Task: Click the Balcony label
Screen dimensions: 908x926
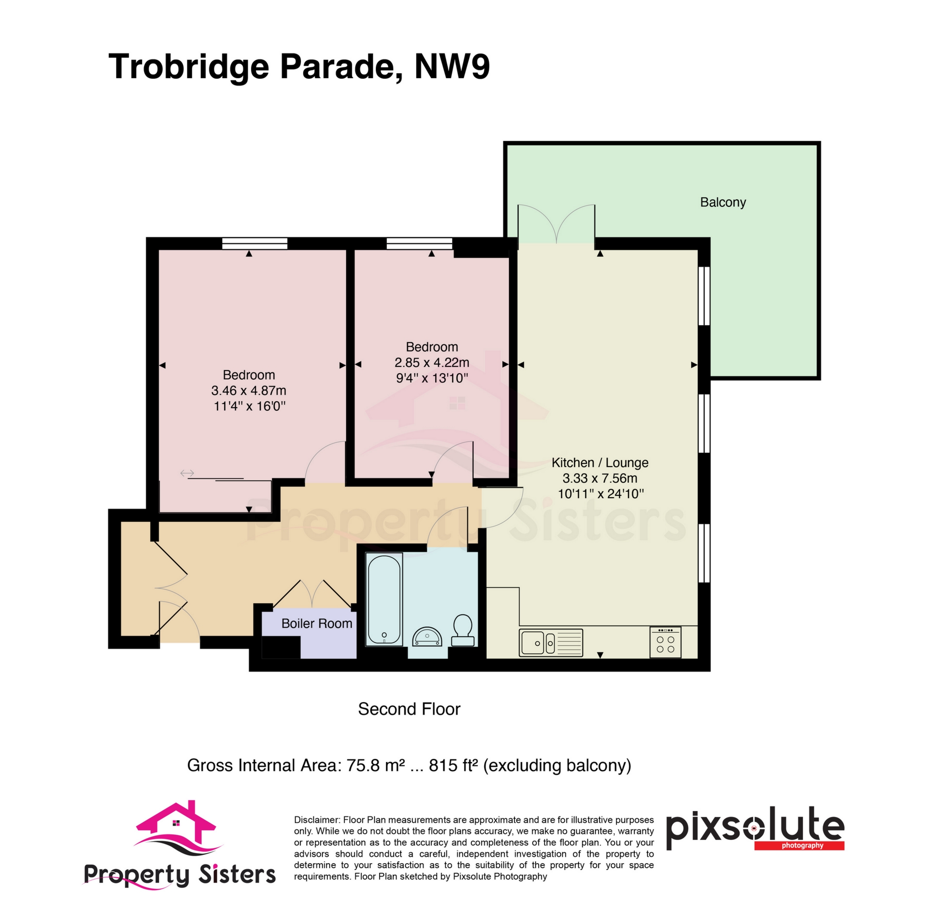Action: click(723, 202)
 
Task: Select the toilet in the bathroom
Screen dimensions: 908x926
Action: click(462, 630)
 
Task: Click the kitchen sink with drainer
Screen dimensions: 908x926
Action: click(551, 643)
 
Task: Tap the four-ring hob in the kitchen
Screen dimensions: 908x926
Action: click(665, 642)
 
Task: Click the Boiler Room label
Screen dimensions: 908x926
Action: click(316, 623)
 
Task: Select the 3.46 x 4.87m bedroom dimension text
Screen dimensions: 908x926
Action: click(248, 391)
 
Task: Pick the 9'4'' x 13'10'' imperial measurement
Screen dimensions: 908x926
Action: click(432, 378)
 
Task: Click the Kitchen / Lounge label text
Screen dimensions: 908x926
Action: click(600, 462)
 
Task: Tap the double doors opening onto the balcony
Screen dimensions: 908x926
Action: click(557, 224)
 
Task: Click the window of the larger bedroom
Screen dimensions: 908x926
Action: click(255, 244)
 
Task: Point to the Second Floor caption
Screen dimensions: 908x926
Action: click(409, 709)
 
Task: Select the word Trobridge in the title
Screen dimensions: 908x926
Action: click(189, 67)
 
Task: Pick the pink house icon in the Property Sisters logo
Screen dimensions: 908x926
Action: click(177, 823)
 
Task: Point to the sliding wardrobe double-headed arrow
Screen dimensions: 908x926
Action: click(187, 473)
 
